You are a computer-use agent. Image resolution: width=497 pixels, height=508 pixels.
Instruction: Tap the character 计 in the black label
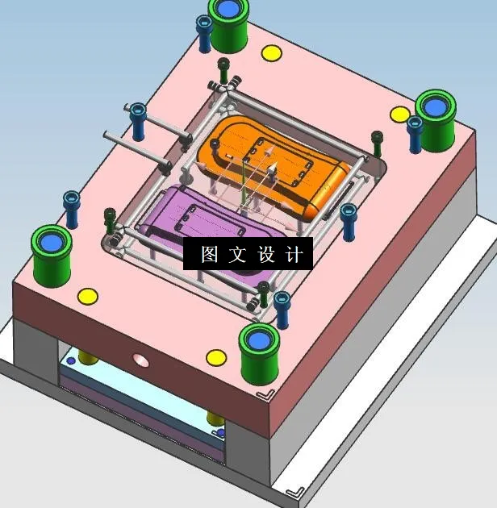(295, 255)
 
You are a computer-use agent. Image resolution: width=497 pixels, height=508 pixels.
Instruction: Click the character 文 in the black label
(238, 255)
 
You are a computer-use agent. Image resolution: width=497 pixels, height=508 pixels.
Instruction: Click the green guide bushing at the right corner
(436, 113)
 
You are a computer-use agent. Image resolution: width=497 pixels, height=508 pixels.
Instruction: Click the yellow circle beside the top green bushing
(271, 53)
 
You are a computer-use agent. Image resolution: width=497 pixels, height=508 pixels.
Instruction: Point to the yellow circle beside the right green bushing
(399, 114)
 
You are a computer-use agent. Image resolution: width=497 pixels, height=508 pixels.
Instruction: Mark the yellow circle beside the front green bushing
(215, 357)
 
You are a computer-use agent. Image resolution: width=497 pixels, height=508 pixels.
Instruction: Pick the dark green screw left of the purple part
(111, 216)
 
